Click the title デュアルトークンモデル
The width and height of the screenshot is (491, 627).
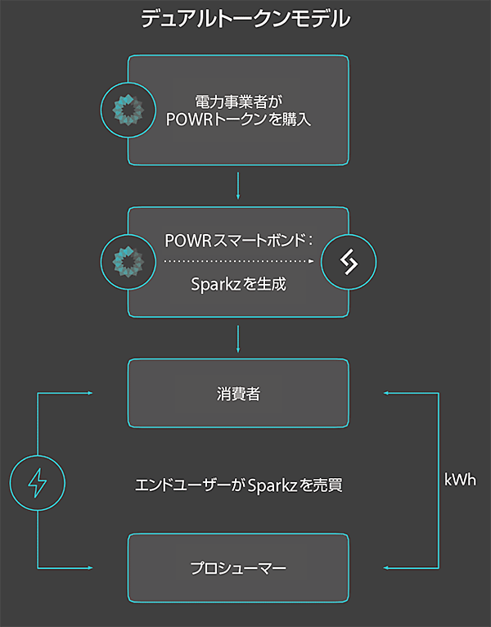pos(245,19)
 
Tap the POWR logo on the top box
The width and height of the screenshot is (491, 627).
pos(128,110)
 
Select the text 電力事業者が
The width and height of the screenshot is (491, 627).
pos(238,101)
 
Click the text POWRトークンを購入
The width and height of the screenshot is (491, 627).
pos(238,120)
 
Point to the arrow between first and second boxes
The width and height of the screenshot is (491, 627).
pos(237,186)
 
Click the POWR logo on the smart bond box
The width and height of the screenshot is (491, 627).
pos(128,261)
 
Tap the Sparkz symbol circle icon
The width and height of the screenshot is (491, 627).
pos(349,261)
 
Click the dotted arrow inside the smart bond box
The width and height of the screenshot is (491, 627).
pos(238,261)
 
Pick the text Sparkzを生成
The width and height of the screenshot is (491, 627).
pos(238,286)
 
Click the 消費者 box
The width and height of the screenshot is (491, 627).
pos(238,394)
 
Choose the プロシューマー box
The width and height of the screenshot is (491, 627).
pos(238,567)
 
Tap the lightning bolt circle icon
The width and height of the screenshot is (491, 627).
pos(38,480)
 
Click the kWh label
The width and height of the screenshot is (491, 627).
pos(460,480)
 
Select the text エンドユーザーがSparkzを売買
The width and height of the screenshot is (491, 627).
pos(238,485)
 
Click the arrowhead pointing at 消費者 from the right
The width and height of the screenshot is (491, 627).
pos(387,394)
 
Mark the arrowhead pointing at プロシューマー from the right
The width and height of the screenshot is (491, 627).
pos(387,567)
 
